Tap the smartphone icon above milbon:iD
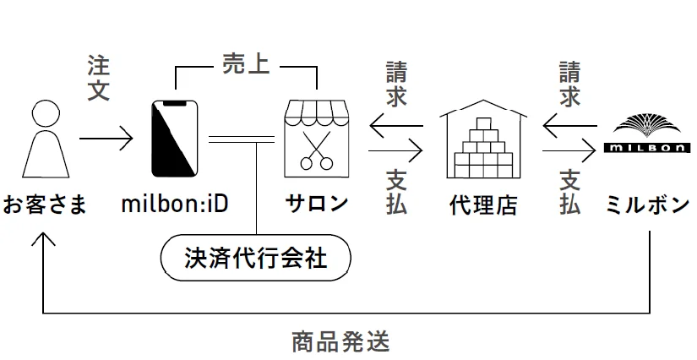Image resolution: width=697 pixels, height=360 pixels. click(174, 139)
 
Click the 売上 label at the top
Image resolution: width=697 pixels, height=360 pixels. click(245, 64)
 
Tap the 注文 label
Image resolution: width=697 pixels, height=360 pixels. click(99, 78)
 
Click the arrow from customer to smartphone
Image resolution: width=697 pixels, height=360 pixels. click(106, 138)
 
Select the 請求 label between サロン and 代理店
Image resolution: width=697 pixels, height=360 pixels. click(396, 83)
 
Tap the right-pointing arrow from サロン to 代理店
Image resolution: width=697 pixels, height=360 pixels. click(395, 152)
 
